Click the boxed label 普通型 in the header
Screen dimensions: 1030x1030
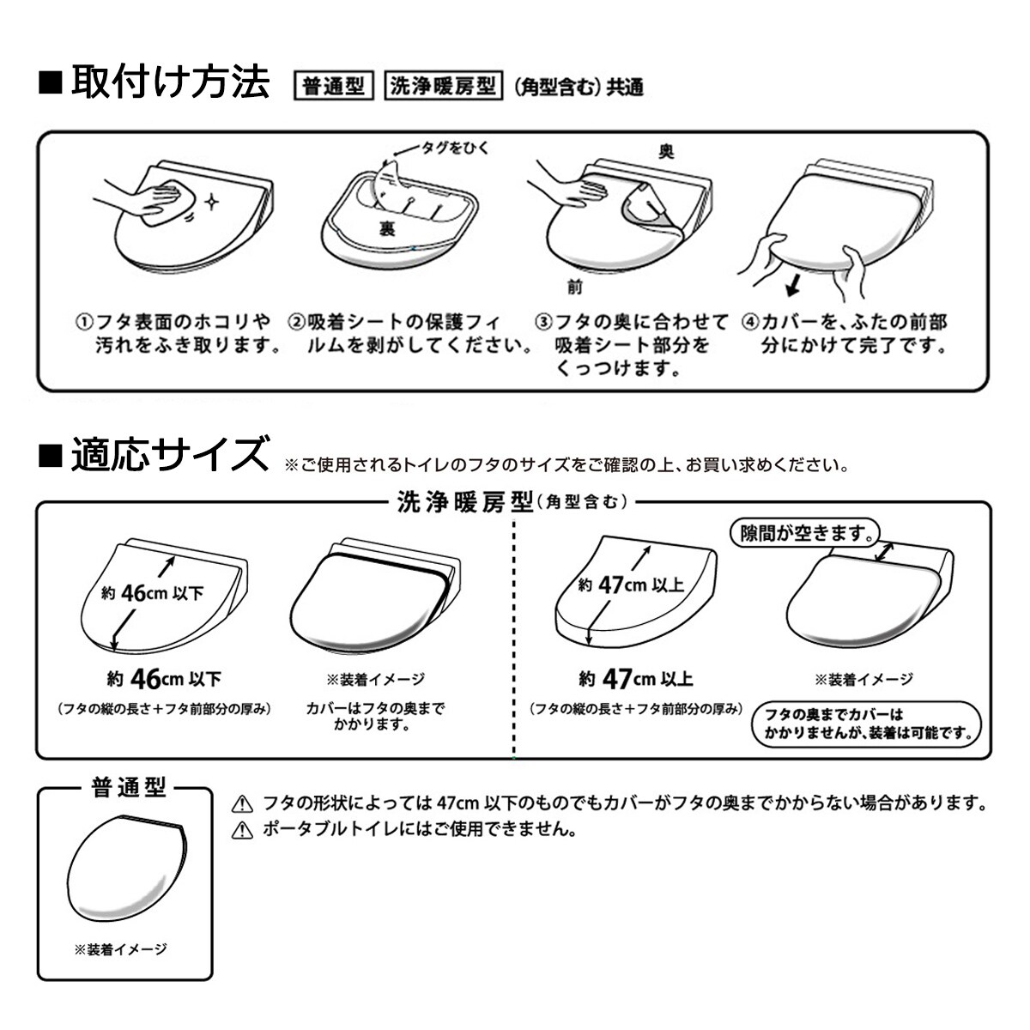(x=334, y=86)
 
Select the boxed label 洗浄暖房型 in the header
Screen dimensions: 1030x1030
(x=443, y=86)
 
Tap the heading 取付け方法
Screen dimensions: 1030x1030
(x=170, y=82)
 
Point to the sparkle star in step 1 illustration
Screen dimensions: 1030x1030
(x=212, y=202)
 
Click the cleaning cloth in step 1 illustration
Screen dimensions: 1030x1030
(x=160, y=203)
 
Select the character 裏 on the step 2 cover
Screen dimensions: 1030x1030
(x=386, y=229)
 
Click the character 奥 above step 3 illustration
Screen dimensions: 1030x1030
(x=666, y=152)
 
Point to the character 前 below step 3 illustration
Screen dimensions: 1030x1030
(x=574, y=288)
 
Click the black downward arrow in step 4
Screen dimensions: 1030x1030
(x=794, y=285)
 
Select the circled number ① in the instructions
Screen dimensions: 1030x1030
(x=84, y=323)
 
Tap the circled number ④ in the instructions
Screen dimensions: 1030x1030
(x=750, y=323)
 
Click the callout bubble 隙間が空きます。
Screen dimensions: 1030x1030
(x=804, y=533)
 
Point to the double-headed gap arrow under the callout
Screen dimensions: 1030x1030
(x=884, y=552)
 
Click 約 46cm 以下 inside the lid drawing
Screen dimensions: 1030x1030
(x=152, y=593)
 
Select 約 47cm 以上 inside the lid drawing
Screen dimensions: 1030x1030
(x=631, y=585)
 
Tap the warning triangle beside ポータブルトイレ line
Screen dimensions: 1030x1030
(x=242, y=829)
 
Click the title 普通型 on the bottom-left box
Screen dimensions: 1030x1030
(x=129, y=787)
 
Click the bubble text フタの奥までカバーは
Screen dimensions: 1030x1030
(x=833, y=715)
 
